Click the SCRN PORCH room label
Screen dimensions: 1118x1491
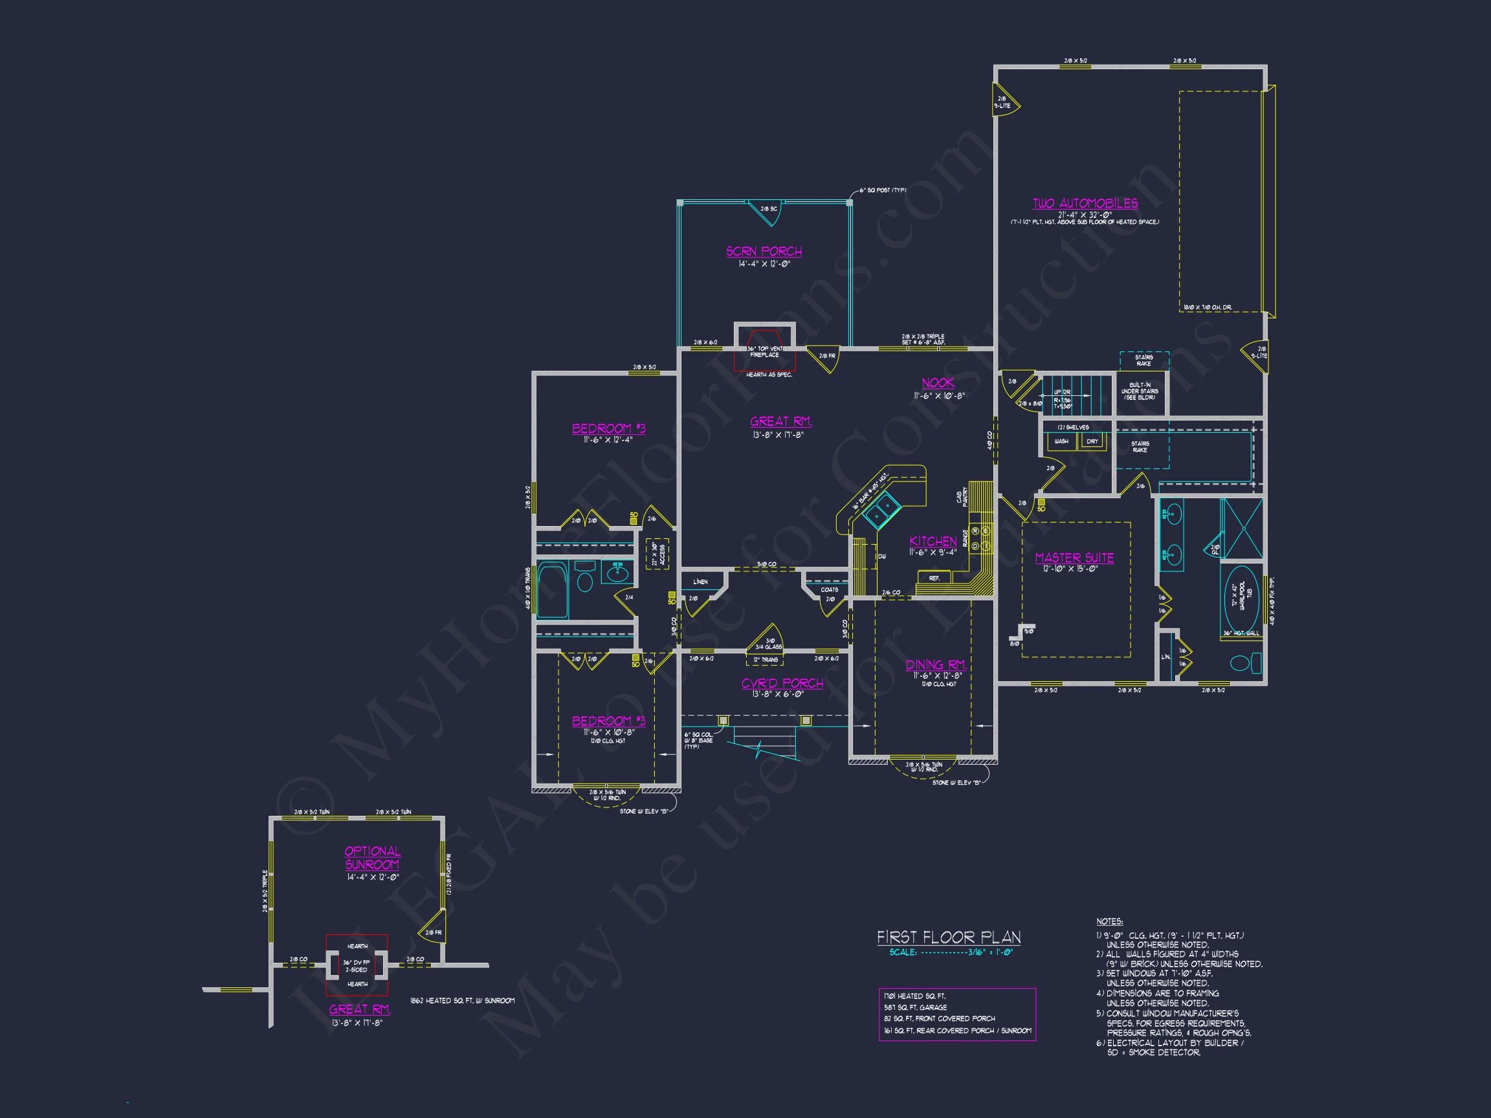764,252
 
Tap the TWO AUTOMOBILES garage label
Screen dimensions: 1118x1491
1085,204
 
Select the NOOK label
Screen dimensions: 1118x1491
938,383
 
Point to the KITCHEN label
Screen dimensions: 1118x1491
933,541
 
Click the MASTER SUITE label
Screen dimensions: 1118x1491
1074,558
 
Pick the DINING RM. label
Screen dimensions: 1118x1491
936,665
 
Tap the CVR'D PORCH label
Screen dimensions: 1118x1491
782,683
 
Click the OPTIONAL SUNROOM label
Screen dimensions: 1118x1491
372,858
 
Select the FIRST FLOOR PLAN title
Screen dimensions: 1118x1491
949,937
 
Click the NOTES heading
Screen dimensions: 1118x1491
1109,921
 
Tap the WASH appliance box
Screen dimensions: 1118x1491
1061,441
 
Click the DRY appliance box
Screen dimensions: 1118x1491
1092,441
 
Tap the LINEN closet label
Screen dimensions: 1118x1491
700,582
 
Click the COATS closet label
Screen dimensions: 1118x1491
829,589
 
